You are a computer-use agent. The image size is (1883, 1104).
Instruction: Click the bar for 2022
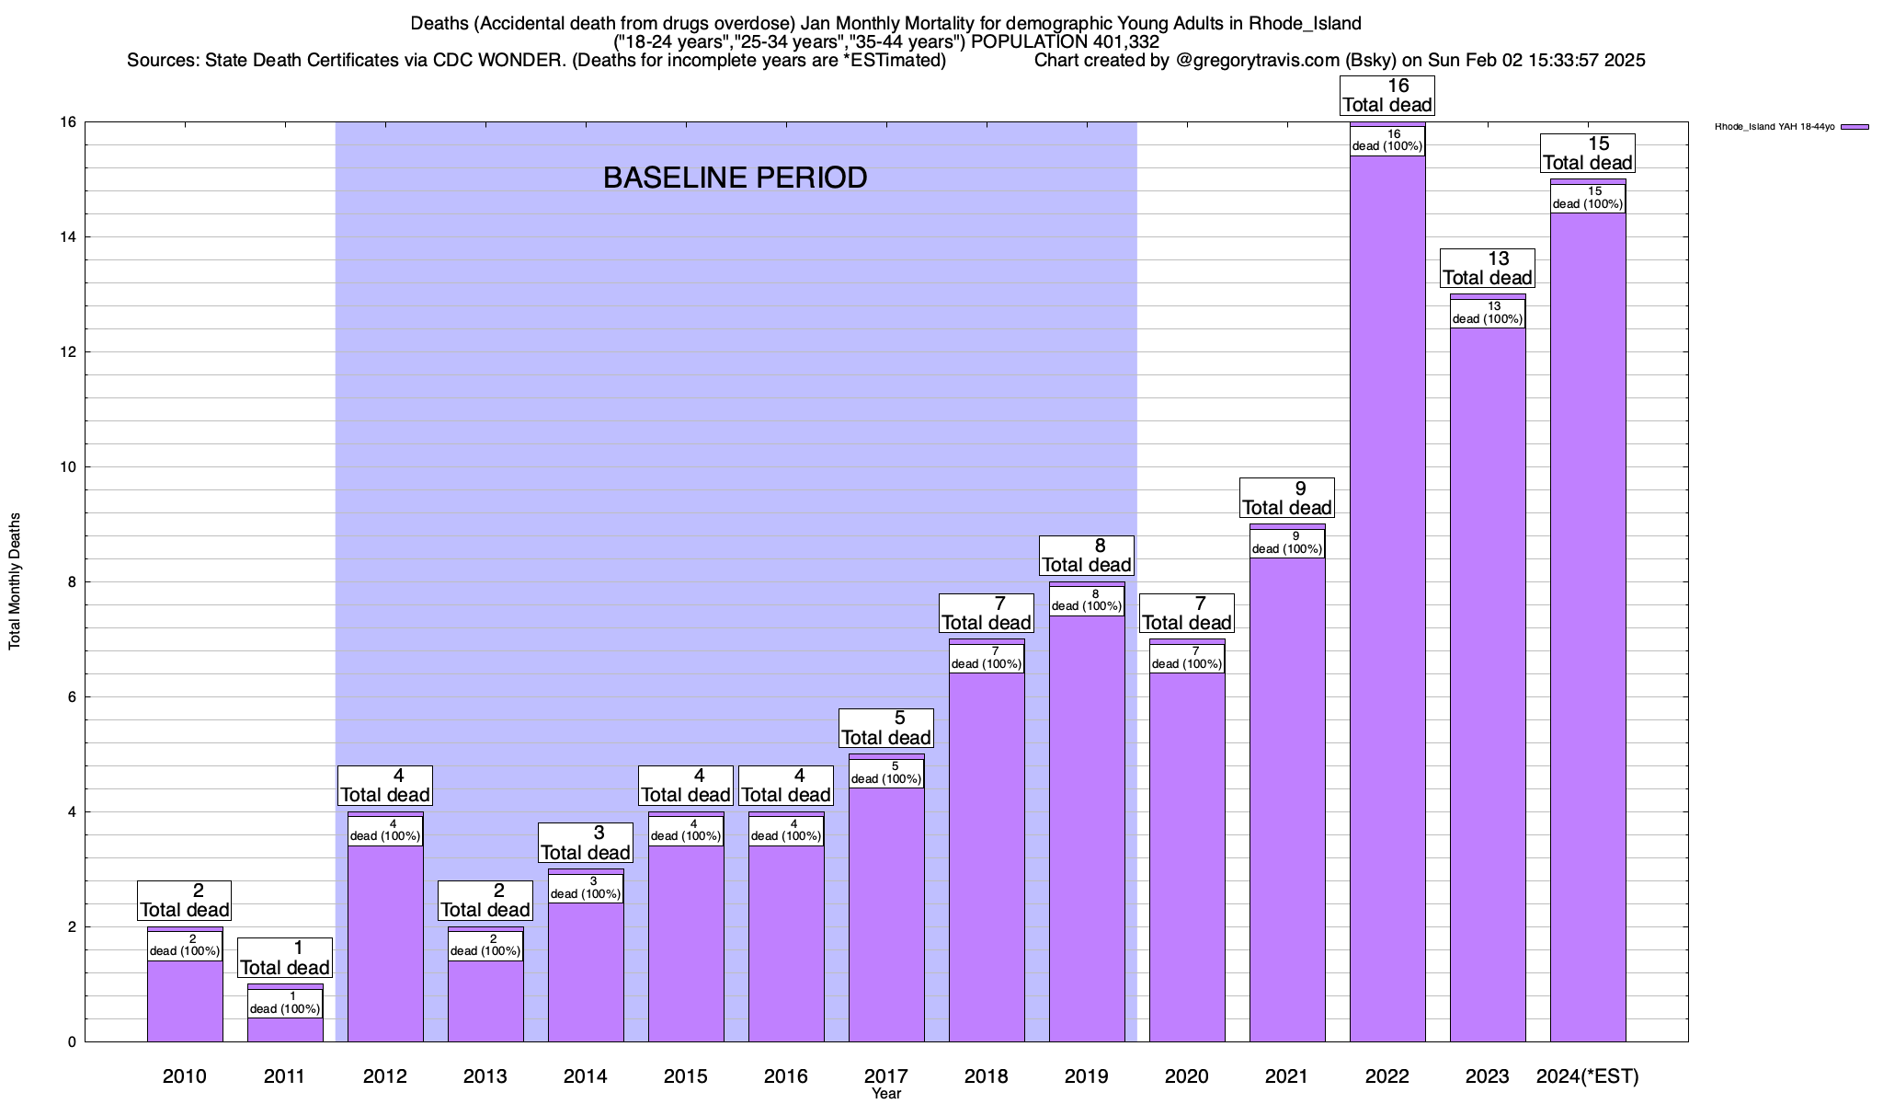tap(1387, 598)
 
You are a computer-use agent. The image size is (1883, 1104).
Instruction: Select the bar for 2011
tap(285, 1029)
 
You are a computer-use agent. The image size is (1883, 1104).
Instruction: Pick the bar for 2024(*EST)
tap(1588, 626)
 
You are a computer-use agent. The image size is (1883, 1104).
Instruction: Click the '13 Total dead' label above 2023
tap(1487, 269)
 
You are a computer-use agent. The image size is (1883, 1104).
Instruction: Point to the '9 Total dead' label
tap(1286, 499)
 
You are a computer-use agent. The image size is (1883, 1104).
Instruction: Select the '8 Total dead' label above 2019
tap(1086, 556)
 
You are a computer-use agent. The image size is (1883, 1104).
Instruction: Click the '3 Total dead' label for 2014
tap(586, 844)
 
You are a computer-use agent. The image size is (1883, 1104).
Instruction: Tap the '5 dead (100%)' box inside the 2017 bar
tap(886, 773)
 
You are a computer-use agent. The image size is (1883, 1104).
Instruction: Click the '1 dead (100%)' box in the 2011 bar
tap(285, 1003)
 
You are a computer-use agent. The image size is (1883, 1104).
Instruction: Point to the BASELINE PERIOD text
tap(735, 178)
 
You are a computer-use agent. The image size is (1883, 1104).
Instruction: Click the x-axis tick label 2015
tap(686, 1076)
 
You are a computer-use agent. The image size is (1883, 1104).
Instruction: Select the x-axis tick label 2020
tap(1186, 1076)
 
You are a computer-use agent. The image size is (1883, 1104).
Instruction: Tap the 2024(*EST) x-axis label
tap(1588, 1076)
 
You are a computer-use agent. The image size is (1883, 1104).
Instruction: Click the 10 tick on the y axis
tap(69, 467)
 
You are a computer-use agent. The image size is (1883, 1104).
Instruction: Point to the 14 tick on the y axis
tap(69, 237)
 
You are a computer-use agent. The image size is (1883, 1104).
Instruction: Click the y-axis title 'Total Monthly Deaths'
tap(15, 581)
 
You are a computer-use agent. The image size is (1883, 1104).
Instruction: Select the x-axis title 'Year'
tap(886, 1094)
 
